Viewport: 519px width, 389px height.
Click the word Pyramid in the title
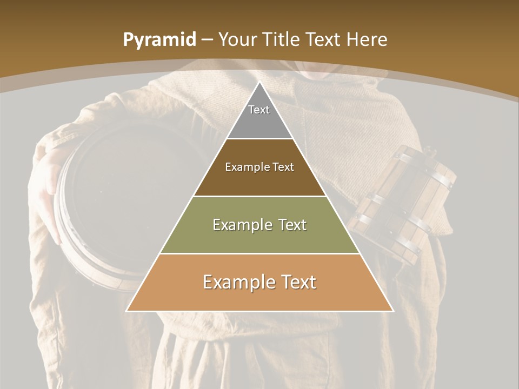click(x=159, y=40)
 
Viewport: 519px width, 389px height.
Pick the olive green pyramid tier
click(x=259, y=238)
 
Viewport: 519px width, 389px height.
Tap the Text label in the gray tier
click(x=259, y=110)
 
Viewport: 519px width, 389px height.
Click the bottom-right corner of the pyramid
click(x=393, y=311)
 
